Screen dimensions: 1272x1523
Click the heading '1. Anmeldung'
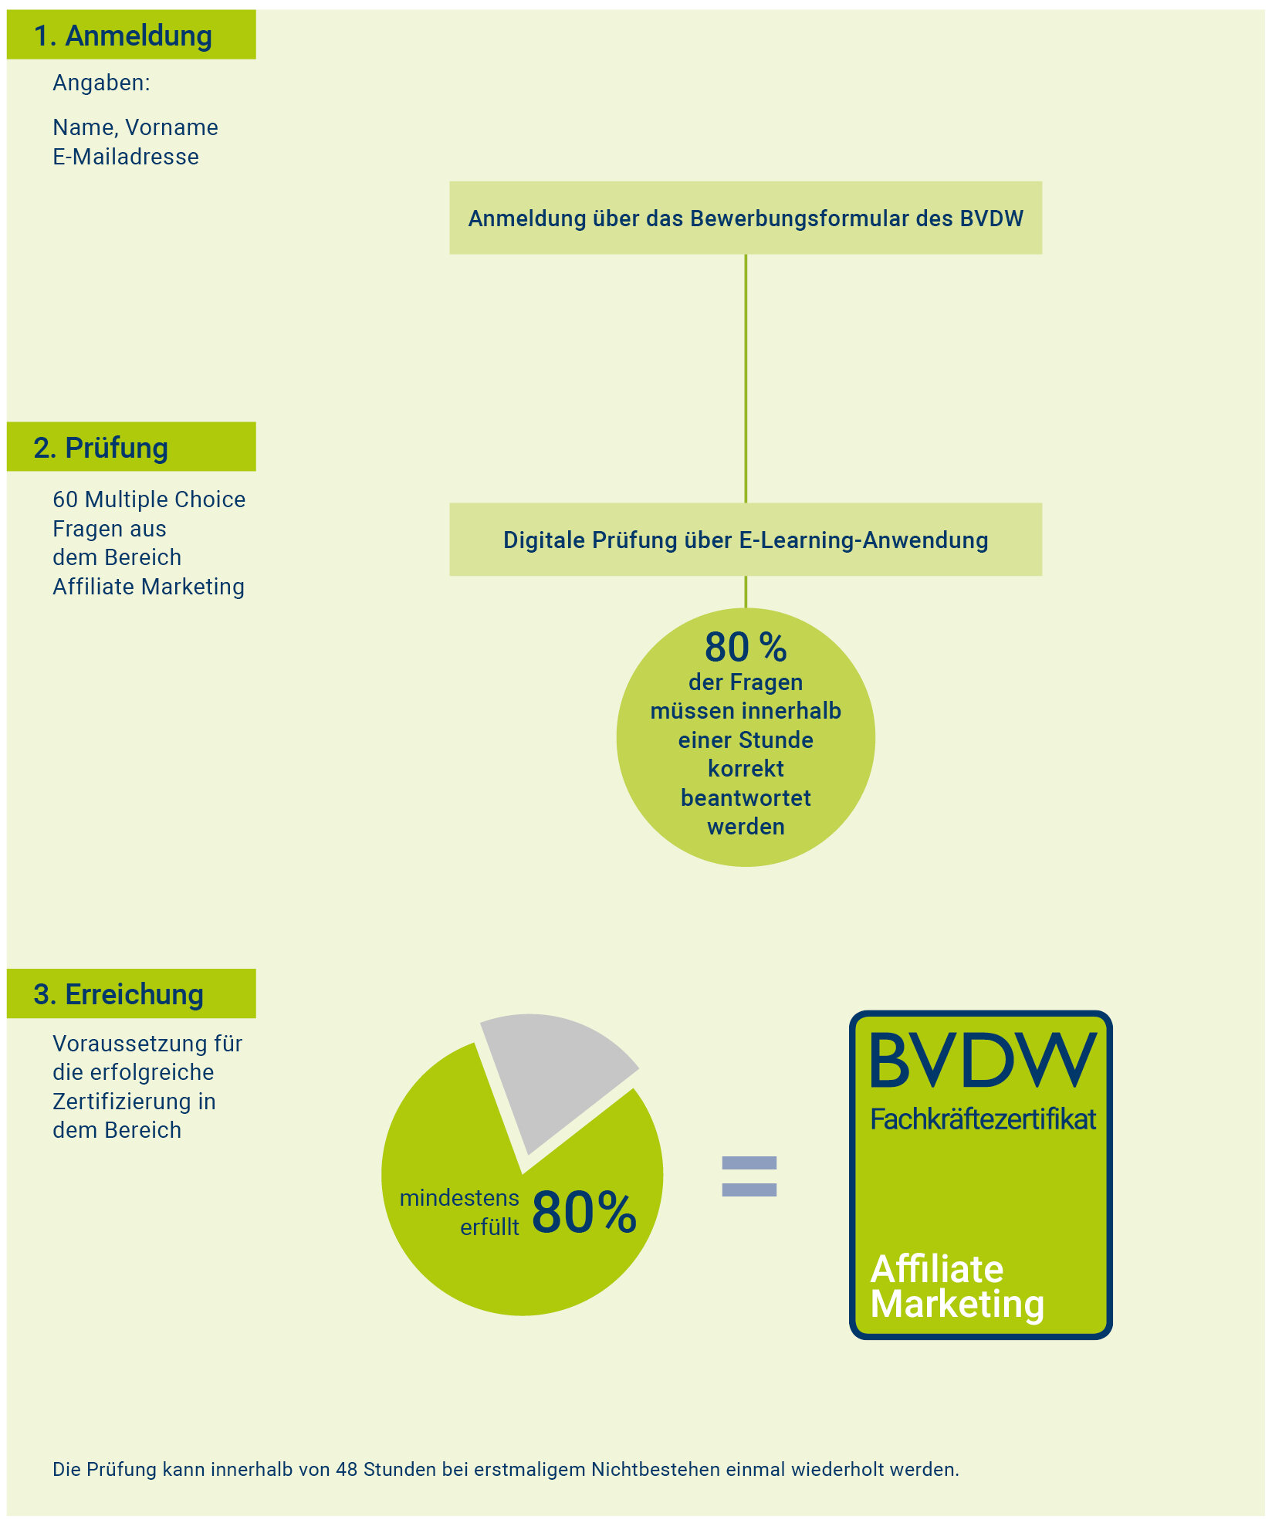(x=123, y=36)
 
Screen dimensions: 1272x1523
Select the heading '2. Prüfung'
(x=101, y=448)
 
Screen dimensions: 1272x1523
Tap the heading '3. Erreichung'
(x=119, y=994)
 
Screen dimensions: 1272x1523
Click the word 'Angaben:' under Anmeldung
(x=101, y=83)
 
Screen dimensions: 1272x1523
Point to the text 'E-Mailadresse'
(x=126, y=157)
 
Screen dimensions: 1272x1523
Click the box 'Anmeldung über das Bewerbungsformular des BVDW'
(x=746, y=218)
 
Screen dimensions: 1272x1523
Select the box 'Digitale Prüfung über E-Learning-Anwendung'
(x=746, y=540)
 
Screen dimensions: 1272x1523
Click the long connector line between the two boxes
(x=746, y=379)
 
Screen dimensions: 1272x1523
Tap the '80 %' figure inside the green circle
(x=746, y=647)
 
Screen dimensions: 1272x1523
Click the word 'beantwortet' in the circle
(x=746, y=797)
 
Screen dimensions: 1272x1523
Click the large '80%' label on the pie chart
(x=584, y=1212)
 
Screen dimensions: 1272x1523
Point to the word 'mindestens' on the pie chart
(x=459, y=1198)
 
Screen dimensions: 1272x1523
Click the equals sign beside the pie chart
(x=749, y=1176)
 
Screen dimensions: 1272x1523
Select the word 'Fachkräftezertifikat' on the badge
(x=983, y=1119)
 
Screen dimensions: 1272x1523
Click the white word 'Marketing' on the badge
(x=958, y=1304)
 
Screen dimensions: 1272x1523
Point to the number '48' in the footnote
(x=347, y=1469)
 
